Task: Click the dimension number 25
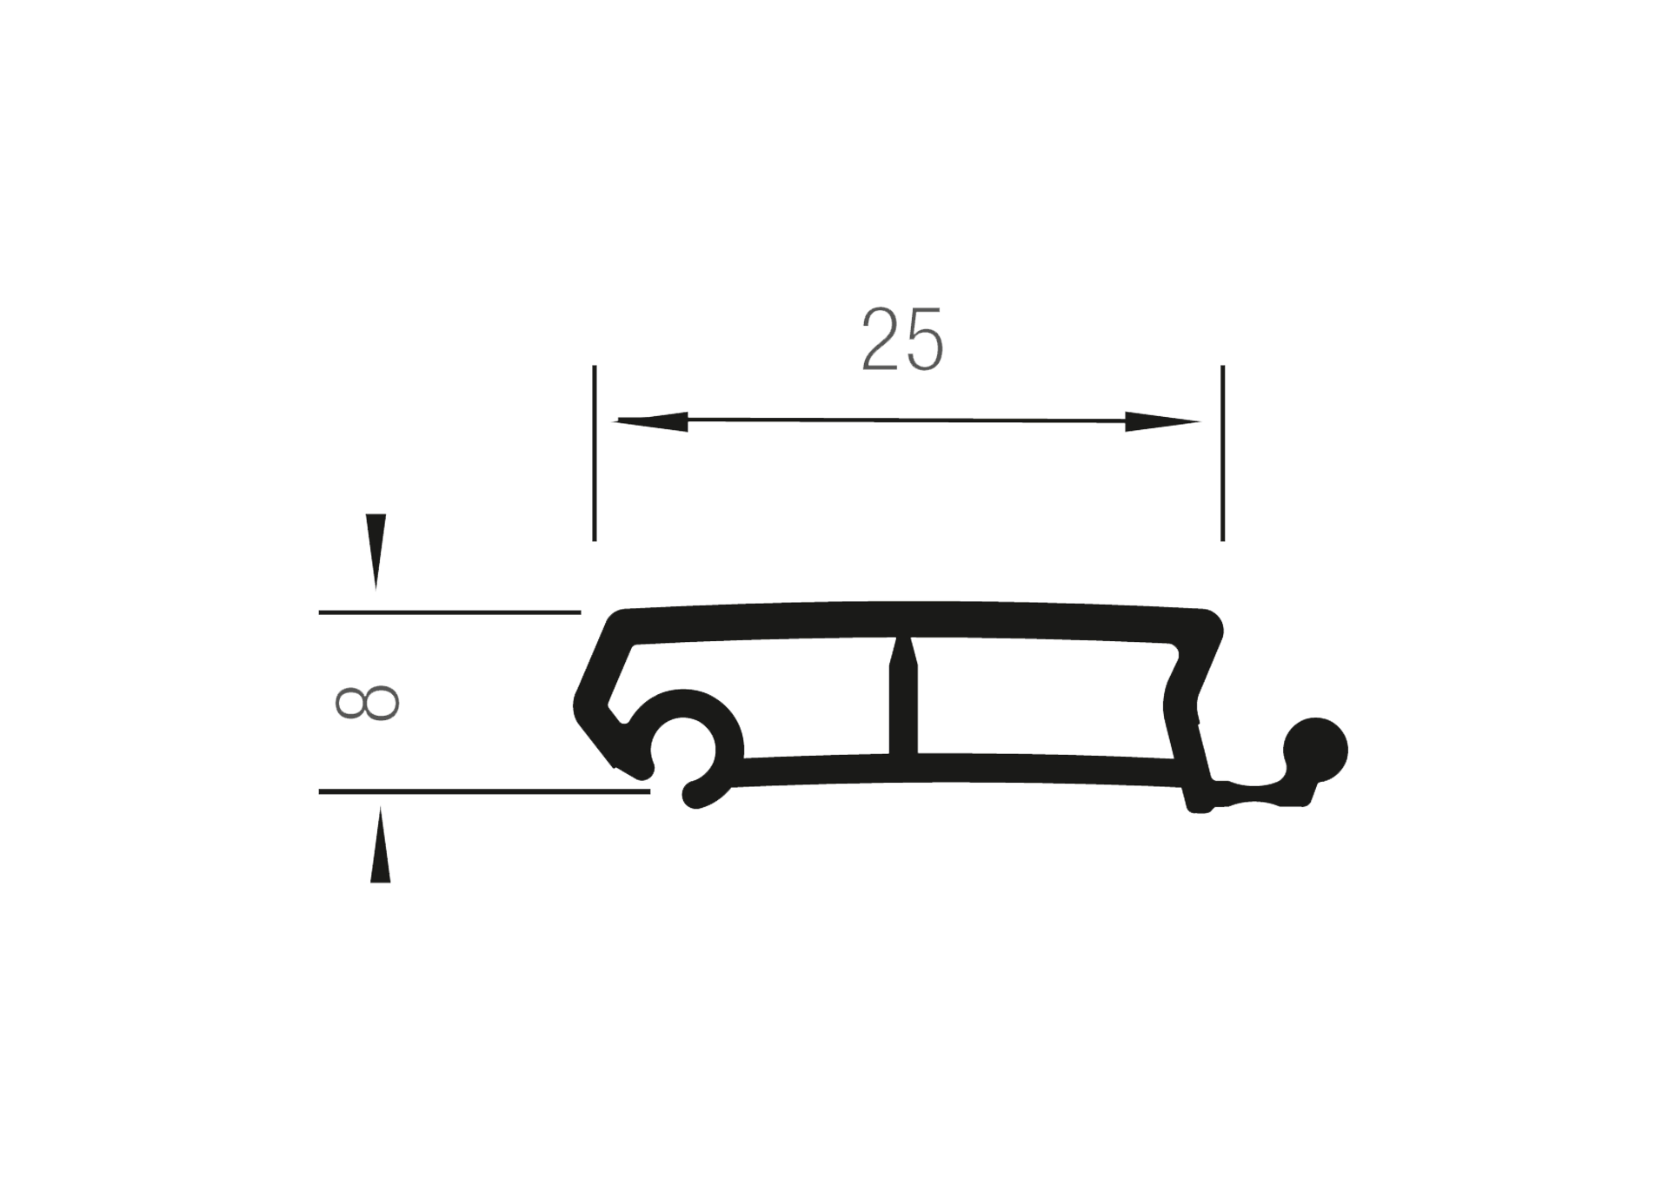point(901,340)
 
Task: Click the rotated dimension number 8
point(367,703)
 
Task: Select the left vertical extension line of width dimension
point(595,453)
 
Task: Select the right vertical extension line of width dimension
point(1222,453)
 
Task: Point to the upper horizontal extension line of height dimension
point(449,612)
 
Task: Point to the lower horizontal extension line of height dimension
point(483,791)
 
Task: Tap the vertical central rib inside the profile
point(903,712)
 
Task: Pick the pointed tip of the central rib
point(903,643)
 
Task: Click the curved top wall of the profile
point(904,619)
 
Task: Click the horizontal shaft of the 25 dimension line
point(904,421)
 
